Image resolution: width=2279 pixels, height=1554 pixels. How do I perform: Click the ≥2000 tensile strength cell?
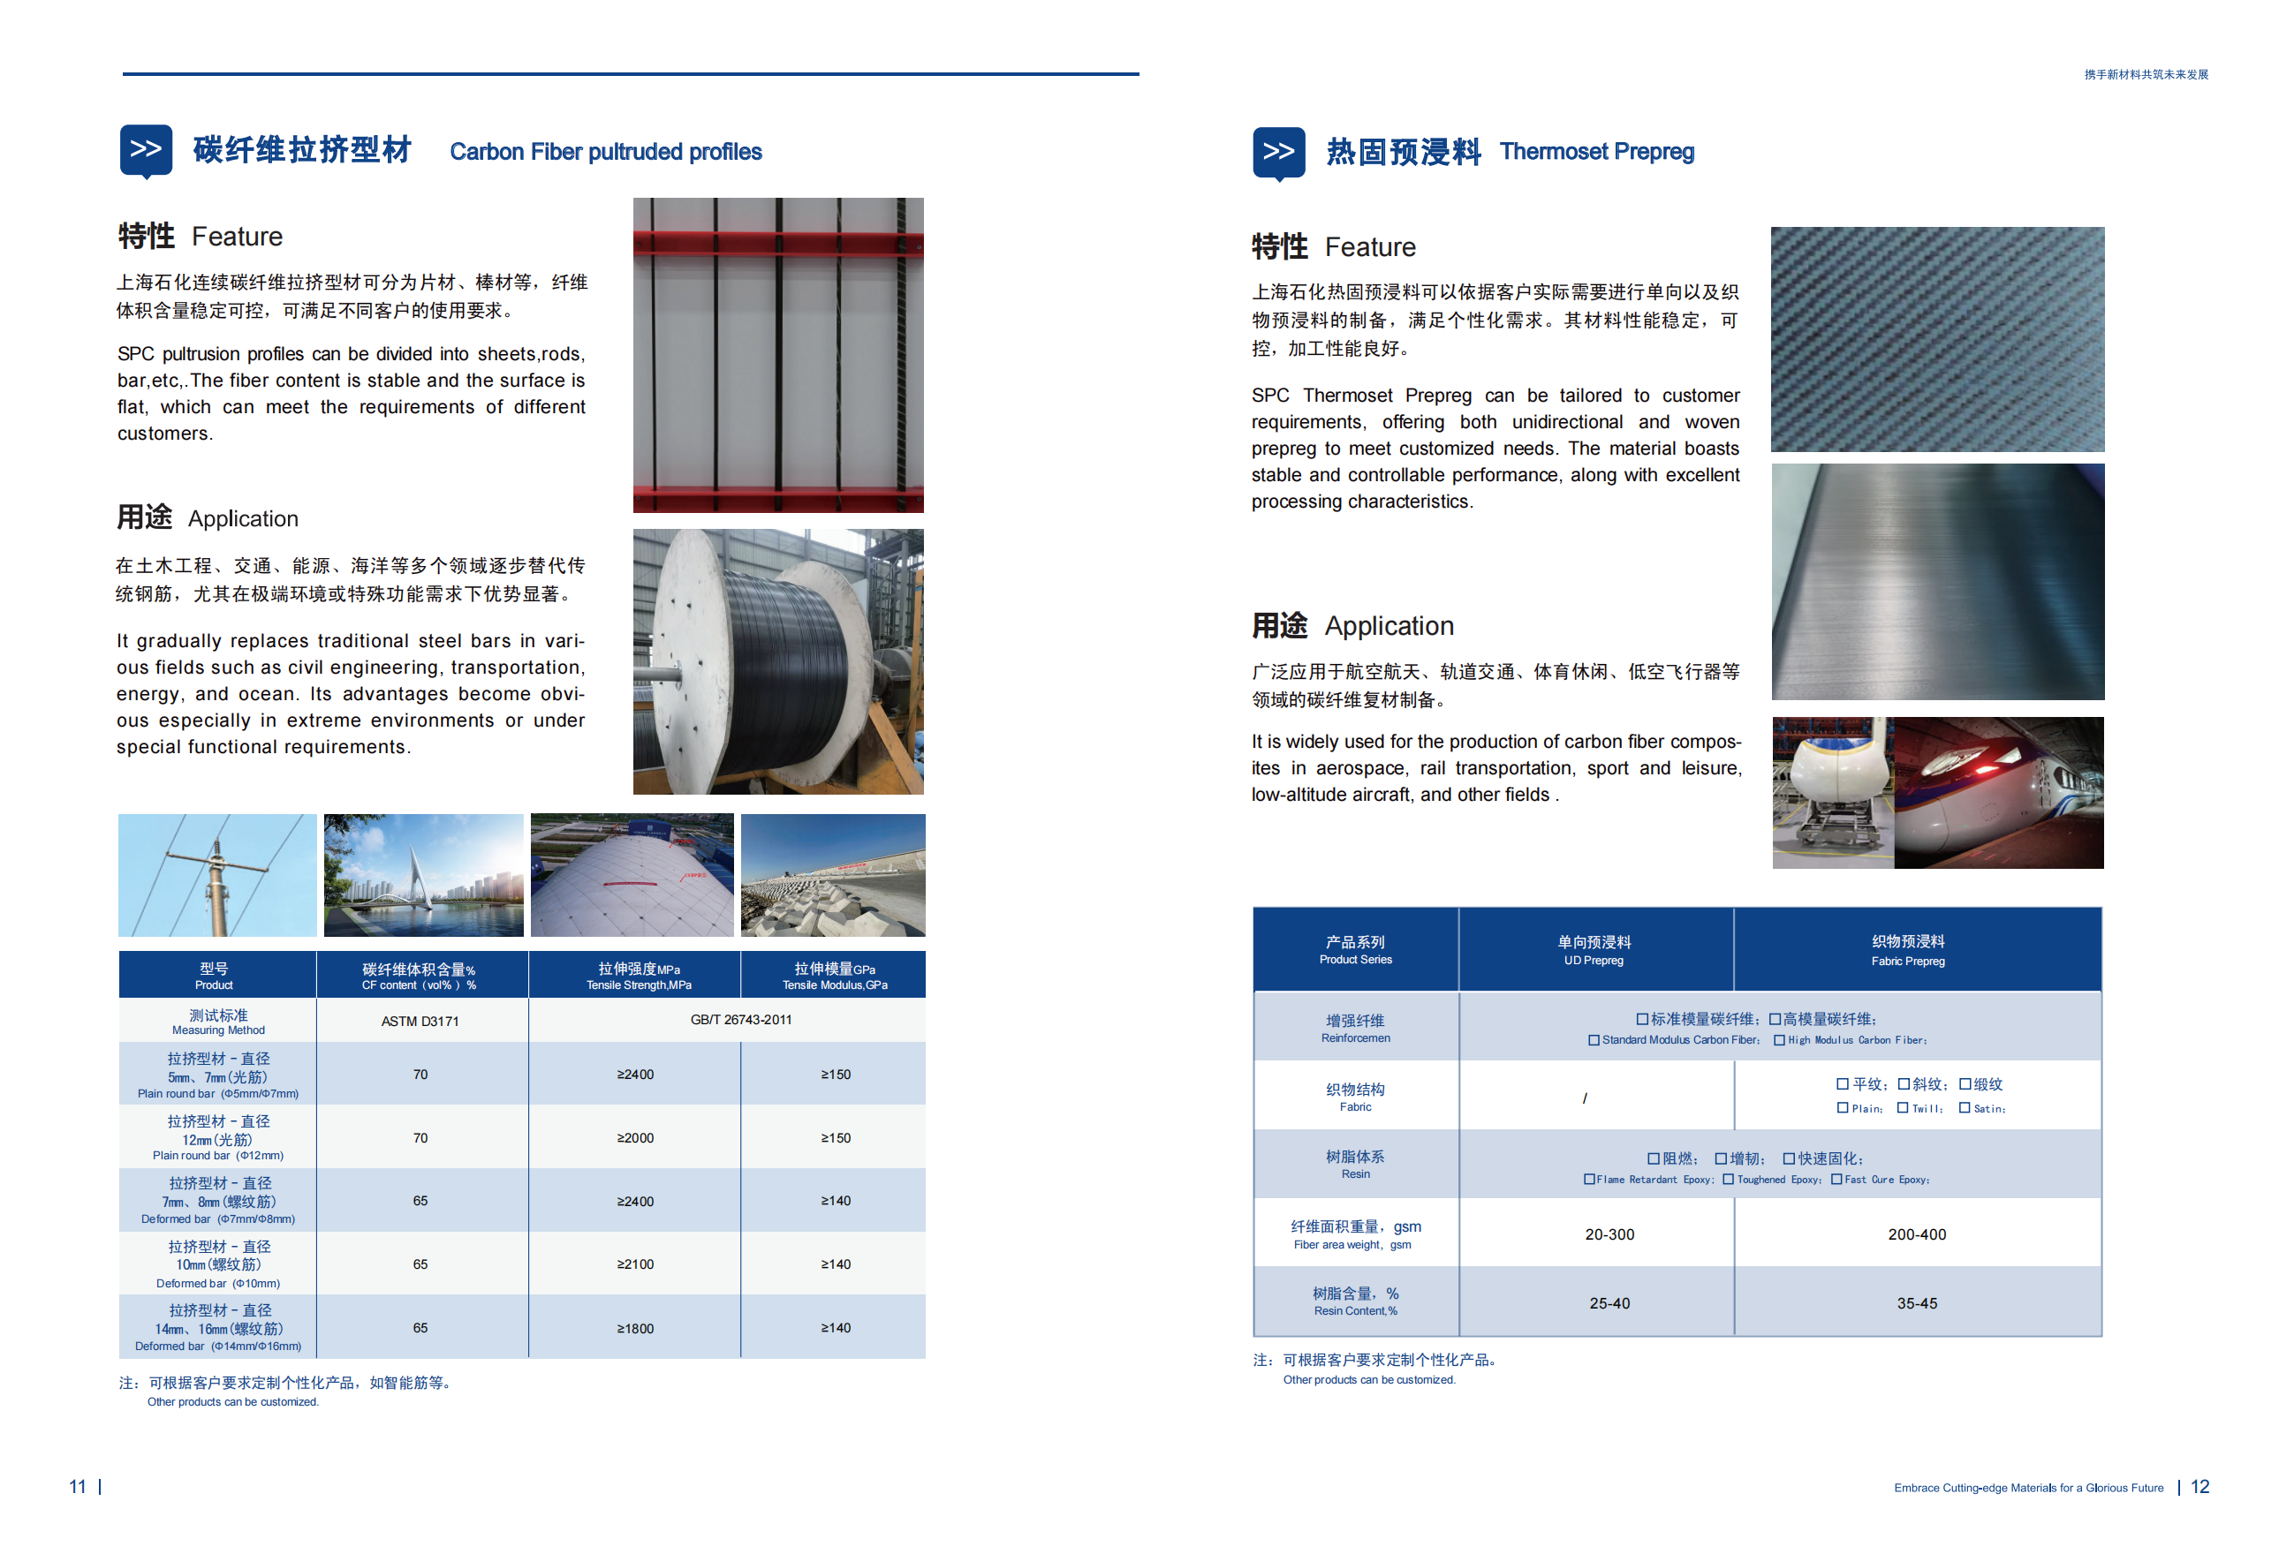pyautogui.click(x=635, y=1137)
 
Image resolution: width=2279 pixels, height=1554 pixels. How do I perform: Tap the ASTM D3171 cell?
pyautogui.click(x=420, y=1021)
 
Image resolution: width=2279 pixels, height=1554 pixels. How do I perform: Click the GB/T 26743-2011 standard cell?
pyautogui.click(x=740, y=1020)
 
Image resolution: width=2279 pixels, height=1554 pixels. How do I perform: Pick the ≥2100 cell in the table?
pyautogui.click(x=635, y=1264)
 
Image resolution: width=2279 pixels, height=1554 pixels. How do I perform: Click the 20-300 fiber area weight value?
pyautogui.click(x=1609, y=1234)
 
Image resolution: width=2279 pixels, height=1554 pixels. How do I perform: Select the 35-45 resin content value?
pyautogui.click(x=1916, y=1303)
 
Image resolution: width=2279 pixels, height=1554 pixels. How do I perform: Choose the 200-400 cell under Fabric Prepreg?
pyautogui.click(x=1916, y=1234)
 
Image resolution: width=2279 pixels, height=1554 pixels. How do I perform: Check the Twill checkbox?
pyautogui.click(x=1903, y=1108)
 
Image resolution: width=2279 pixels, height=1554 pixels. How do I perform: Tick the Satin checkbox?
pyautogui.click(x=1965, y=1108)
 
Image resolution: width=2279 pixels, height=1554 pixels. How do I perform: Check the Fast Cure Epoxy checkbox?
pyautogui.click(x=1836, y=1180)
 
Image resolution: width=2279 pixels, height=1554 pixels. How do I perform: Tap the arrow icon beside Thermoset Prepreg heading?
pyautogui.click(x=1278, y=152)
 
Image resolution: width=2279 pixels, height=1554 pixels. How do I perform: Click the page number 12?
pyautogui.click(x=2199, y=1486)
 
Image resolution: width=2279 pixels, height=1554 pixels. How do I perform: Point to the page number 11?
pyautogui.click(x=78, y=1486)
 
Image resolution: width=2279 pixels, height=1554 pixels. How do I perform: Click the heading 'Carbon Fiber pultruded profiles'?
pyautogui.click(x=605, y=152)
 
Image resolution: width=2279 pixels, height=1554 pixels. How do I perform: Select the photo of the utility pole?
pyautogui.click(x=216, y=874)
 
